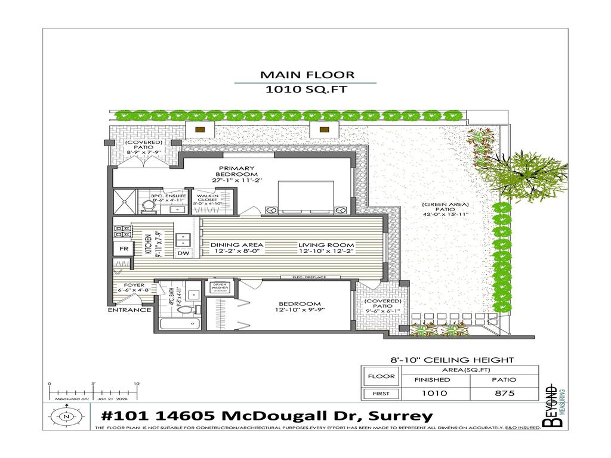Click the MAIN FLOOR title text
pos(307,75)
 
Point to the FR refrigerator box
pos(124,249)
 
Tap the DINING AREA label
pos(236,247)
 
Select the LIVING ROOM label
pos(326,247)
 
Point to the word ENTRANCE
pos(129,310)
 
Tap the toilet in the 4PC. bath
pos(187,310)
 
